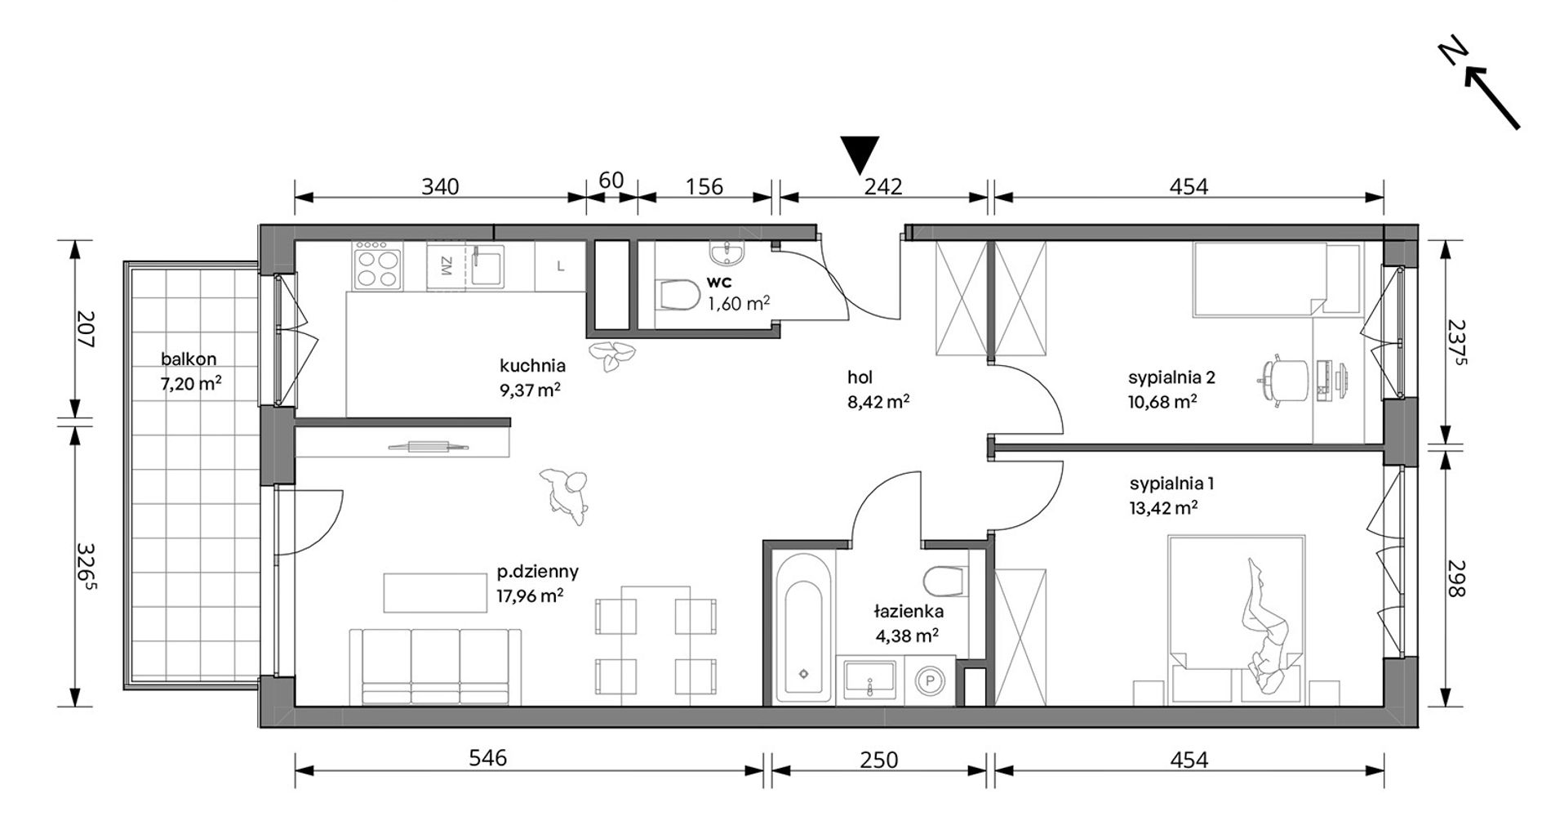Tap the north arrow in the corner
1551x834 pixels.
[1492, 98]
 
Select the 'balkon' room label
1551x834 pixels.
[189, 359]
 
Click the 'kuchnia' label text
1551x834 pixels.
[532, 366]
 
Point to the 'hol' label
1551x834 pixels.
[860, 377]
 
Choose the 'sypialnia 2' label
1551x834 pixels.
[1171, 377]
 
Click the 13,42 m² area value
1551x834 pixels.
[1163, 507]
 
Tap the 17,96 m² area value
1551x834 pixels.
[530, 595]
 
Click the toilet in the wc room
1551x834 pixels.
[677, 295]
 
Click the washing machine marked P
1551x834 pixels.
[929, 677]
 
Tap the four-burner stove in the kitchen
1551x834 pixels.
[377, 265]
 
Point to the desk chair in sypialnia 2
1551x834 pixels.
[1277, 379]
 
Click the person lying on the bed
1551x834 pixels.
[1265, 629]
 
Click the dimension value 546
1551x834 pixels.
[488, 758]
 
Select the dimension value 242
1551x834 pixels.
[883, 186]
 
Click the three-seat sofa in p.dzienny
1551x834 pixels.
[435, 666]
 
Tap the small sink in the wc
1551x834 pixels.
[727, 253]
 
